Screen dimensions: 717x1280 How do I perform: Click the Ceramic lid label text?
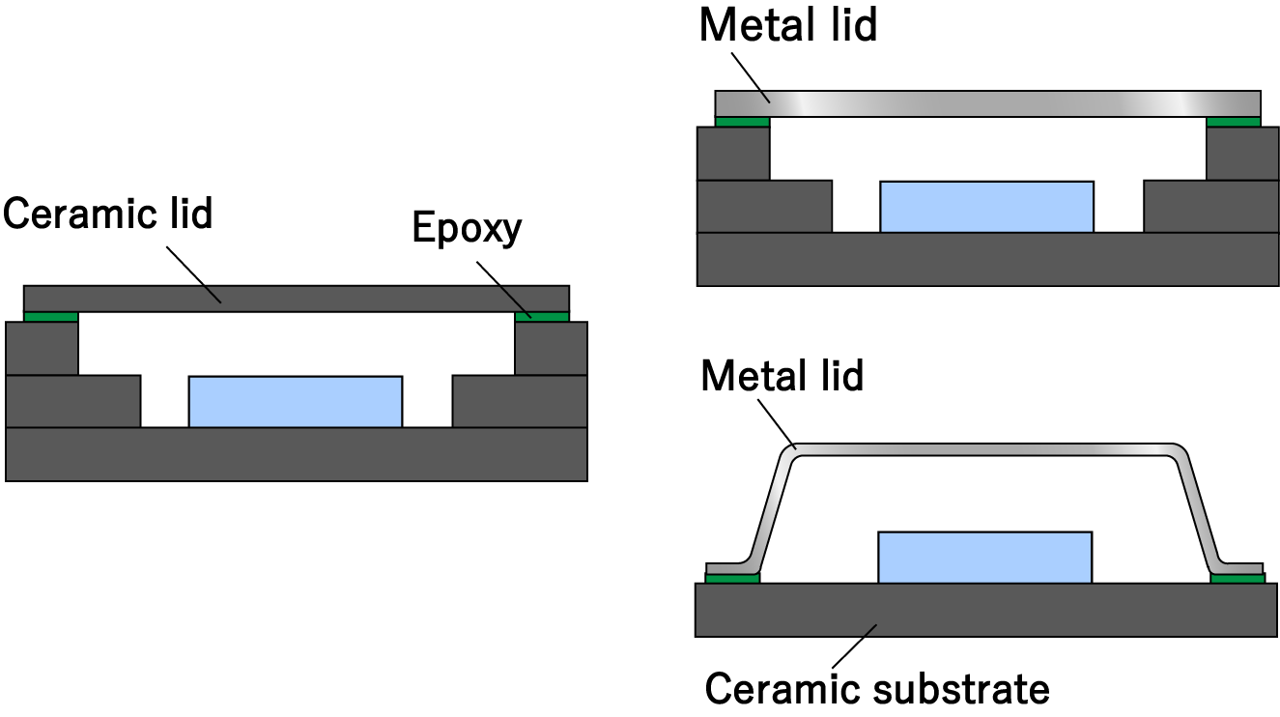click(107, 213)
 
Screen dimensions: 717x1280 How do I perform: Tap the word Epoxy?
click(467, 228)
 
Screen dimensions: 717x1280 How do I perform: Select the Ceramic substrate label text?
click(876, 689)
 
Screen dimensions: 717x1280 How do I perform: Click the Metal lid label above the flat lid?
click(787, 25)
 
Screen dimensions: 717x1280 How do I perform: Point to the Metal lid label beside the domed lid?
click(782, 375)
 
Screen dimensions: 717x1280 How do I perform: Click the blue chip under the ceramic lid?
click(296, 401)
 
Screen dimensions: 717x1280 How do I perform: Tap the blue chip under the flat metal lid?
click(986, 206)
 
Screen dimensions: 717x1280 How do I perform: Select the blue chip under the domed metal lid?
click(984, 557)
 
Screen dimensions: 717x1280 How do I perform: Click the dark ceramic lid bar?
click(296, 299)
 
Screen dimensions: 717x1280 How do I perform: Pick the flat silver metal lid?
click(986, 103)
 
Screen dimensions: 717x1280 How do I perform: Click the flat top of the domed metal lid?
click(985, 450)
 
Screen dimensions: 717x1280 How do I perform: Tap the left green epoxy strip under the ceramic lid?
click(50, 317)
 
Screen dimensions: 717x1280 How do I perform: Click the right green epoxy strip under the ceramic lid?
click(542, 317)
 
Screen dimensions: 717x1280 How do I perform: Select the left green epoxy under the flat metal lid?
click(742, 122)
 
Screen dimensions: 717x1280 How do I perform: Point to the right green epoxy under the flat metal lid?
click(1234, 122)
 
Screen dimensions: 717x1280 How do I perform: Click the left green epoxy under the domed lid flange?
click(732, 579)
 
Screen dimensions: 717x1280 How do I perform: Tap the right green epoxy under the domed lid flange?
click(1237, 579)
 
